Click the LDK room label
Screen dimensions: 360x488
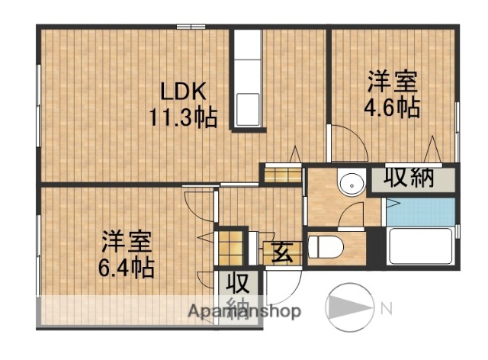tap(183, 92)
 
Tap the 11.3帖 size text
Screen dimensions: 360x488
tap(183, 117)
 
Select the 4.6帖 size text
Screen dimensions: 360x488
tap(393, 107)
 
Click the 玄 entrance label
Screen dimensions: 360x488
tap(283, 251)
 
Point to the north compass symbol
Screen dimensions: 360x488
tap(351, 308)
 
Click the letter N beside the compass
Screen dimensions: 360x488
tap(387, 308)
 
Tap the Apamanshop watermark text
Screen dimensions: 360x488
tap(244, 311)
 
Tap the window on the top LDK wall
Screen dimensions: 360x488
tap(188, 27)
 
